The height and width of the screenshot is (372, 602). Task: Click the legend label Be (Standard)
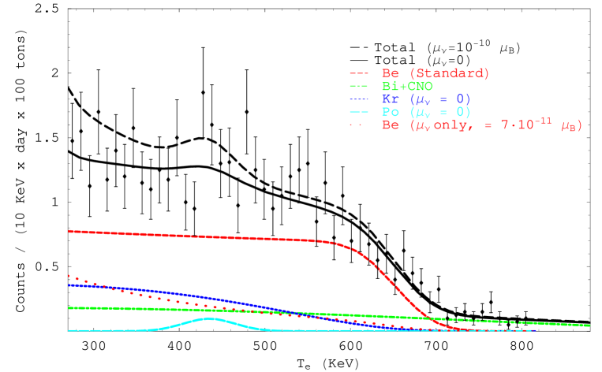coord(435,73)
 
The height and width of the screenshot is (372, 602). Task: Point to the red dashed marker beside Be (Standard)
coord(358,73)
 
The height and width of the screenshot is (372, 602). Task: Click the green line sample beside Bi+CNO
coord(358,86)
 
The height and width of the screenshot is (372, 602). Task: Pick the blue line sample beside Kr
coord(358,99)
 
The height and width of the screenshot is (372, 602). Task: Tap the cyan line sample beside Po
coord(358,112)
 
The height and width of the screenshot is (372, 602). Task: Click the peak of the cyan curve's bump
coord(210,318)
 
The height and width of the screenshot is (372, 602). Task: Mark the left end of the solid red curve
coord(69,231)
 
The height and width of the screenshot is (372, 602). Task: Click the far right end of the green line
coord(589,325)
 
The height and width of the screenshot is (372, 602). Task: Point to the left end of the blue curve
coord(69,285)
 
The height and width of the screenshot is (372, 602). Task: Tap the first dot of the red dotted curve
coord(69,276)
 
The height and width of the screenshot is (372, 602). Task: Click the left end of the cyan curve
coord(69,331)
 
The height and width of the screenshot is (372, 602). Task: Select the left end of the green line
coord(69,308)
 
